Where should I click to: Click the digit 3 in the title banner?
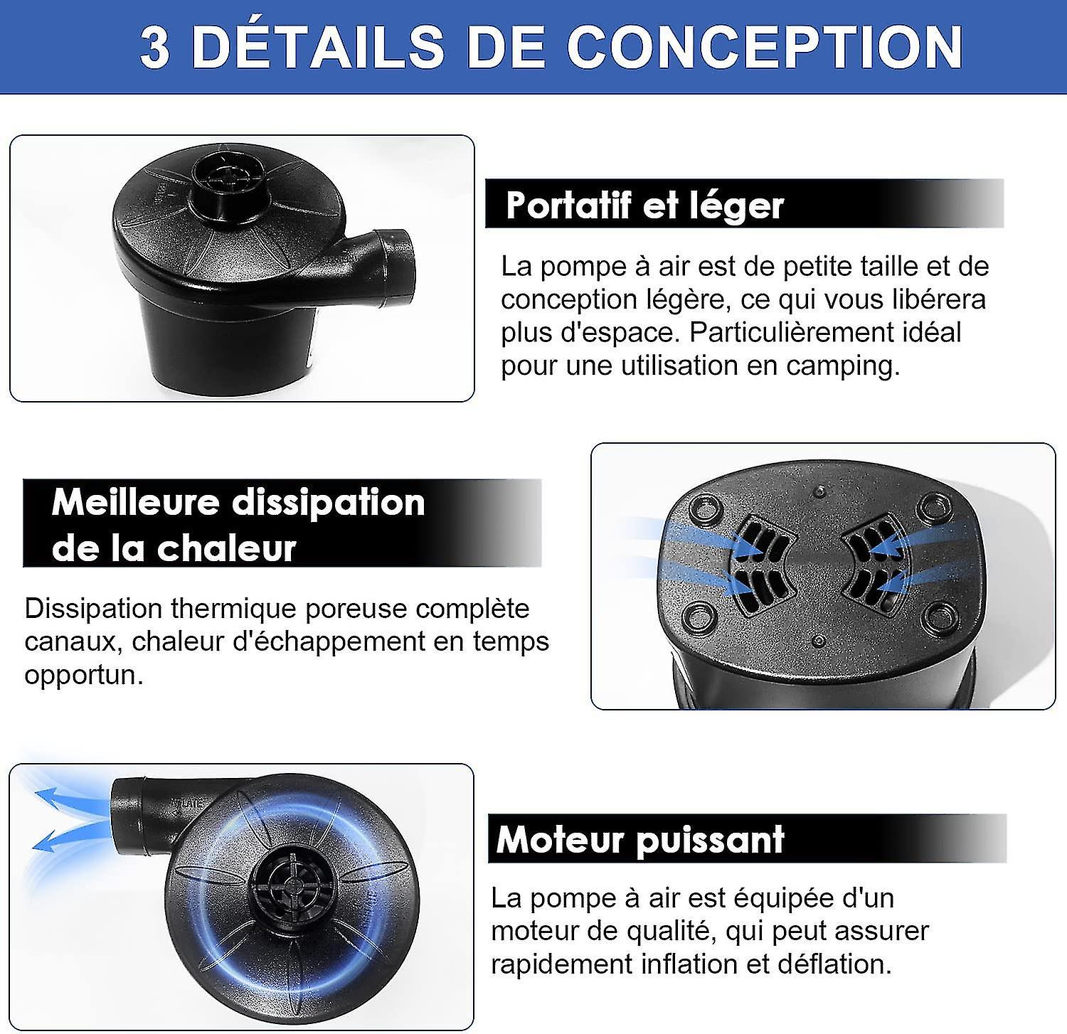point(155,47)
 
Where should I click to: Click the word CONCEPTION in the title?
point(764,47)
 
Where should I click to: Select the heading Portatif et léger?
point(644,206)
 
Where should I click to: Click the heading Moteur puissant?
point(640,839)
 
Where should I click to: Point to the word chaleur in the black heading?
point(225,548)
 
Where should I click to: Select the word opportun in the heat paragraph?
point(83,674)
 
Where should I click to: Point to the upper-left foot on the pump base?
point(705,508)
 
